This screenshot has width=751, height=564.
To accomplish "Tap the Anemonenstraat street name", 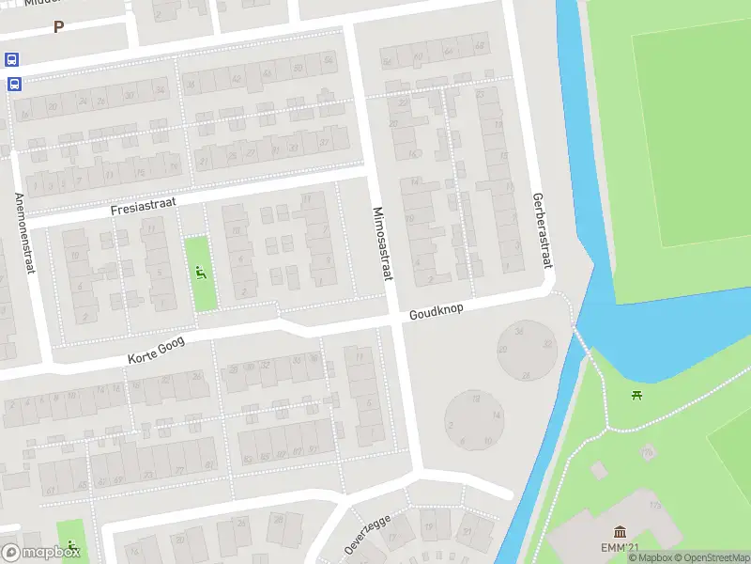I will pos(24,234).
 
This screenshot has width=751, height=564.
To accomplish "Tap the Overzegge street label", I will pos(367,534).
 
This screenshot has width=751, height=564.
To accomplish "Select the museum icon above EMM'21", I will pos(620,533).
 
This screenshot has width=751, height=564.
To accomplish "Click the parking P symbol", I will pos(58,27).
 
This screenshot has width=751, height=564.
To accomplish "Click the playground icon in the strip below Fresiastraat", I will pos(200,274).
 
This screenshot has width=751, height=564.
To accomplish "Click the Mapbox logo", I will pos(39,553).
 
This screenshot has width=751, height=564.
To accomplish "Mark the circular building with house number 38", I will pos(526,349).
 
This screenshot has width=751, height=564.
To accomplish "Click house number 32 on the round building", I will pos(547,344).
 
